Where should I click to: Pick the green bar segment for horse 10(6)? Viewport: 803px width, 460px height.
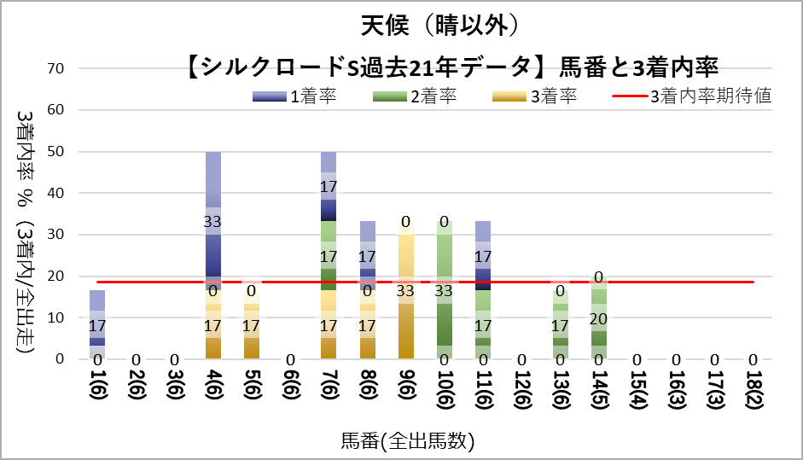point(444,290)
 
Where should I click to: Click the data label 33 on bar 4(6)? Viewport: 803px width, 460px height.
point(213,221)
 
